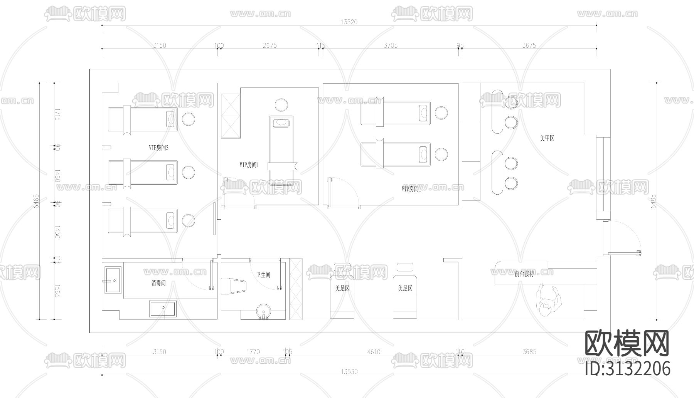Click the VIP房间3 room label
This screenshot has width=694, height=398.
pos(158,148)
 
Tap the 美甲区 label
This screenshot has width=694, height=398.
pos(547,138)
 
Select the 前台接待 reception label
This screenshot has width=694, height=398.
pos(524,274)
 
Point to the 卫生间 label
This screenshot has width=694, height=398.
pos(263,275)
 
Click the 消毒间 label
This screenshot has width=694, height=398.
pos(158,284)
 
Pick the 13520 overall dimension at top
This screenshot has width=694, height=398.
pos(349,22)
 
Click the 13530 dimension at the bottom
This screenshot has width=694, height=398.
pos(349,372)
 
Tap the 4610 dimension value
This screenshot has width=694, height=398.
pos(374,352)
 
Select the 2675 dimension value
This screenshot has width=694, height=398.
pos(270,45)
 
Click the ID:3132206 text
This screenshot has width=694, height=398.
pos(627,369)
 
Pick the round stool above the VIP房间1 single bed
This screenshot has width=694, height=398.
pos(281,105)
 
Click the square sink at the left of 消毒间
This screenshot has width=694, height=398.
pos(112,280)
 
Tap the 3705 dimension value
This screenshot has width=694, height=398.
pos(390,45)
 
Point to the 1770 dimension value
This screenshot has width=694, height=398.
pos(253,352)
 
